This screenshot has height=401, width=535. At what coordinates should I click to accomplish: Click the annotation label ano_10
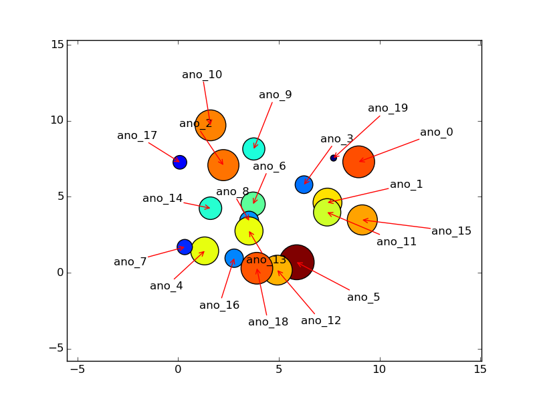[x=202, y=75]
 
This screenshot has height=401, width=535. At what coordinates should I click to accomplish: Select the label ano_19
[x=388, y=108]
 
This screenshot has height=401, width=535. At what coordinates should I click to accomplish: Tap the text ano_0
[x=437, y=132]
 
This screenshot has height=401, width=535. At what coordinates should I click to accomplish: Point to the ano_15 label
[x=451, y=231]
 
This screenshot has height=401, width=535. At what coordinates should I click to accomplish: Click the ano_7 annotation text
[x=130, y=262]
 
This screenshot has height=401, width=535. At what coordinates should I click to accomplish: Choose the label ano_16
[x=219, y=305]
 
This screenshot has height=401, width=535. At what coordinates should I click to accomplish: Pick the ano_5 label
[x=364, y=297]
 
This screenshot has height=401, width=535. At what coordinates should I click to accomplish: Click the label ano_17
[x=137, y=136]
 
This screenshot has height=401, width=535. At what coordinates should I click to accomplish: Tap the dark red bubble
[x=296, y=262]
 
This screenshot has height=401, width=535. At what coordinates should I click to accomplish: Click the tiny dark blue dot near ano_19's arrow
[x=334, y=158]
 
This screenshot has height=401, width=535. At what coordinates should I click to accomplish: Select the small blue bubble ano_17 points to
[x=180, y=162]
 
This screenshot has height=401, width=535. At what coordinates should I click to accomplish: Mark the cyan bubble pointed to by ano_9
[x=253, y=148]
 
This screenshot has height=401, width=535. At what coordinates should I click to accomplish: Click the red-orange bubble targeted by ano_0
[x=358, y=162]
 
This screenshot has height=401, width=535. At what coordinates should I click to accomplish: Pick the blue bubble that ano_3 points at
[x=304, y=184]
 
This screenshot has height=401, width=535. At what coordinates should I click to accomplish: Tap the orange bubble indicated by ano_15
[x=362, y=220]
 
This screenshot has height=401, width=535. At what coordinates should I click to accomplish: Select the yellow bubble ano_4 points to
[x=205, y=251]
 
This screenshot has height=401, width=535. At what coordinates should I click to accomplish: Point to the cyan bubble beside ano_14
[x=210, y=208]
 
